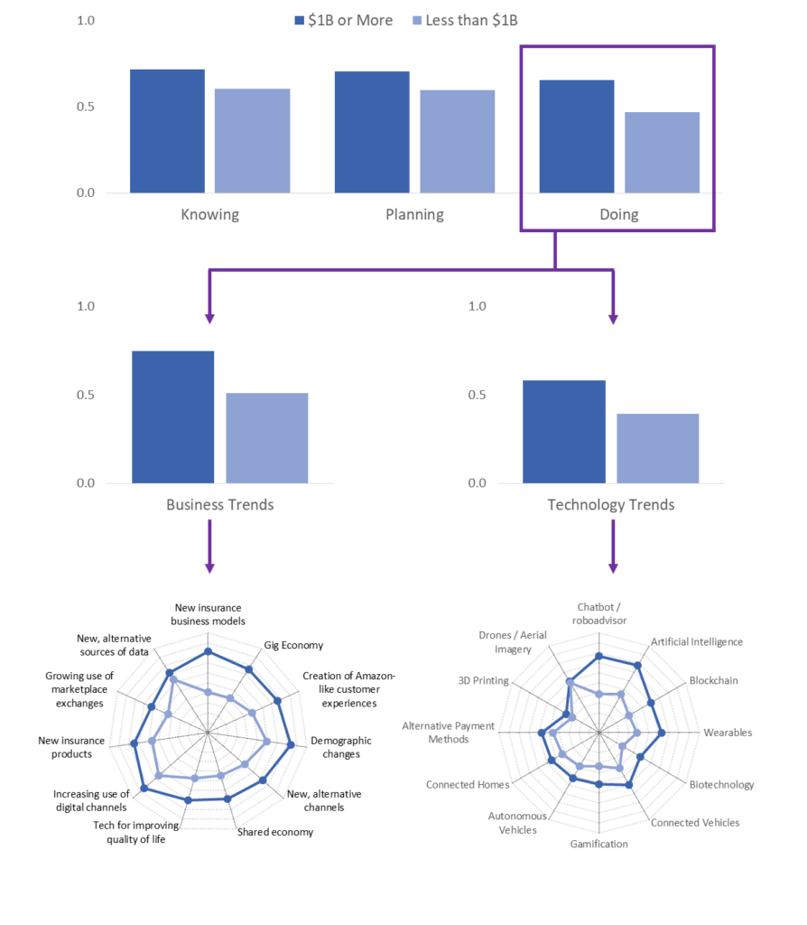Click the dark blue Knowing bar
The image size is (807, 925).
point(167,131)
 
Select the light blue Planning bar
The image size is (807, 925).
point(457,142)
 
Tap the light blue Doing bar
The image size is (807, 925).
point(662,152)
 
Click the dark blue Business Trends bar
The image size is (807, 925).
point(172,417)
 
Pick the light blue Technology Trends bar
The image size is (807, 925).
point(658,448)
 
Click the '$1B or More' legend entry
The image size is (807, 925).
point(344,21)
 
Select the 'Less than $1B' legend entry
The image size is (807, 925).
point(465,21)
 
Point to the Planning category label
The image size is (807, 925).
point(414,214)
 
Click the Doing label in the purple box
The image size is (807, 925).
point(619,214)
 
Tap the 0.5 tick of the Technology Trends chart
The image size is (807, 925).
point(477,395)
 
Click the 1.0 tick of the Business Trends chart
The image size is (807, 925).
point(86,306)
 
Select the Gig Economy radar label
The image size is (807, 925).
point(293,645)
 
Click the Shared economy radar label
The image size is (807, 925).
point(275,832)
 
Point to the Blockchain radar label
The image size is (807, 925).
point(714,680)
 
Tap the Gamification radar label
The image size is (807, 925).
point(598,844)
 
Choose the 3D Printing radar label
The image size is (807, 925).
point(483,680)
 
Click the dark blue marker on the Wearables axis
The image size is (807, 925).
point(662,733)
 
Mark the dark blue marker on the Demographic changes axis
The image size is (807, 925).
point(291,745)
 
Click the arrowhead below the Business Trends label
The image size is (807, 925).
point(209,568)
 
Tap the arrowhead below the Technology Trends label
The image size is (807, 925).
point(613,568)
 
